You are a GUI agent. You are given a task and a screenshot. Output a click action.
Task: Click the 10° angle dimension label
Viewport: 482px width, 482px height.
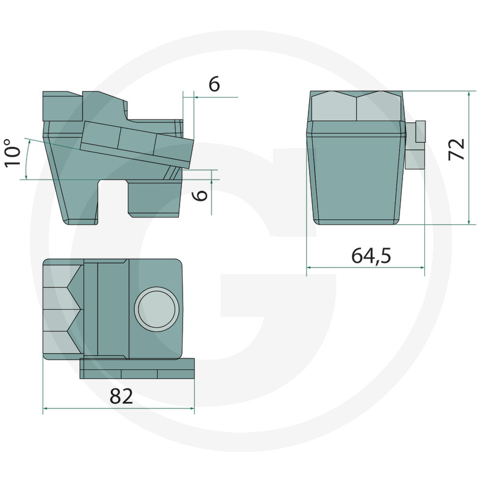12,153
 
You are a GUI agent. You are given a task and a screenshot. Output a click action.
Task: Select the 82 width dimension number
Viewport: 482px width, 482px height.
122,396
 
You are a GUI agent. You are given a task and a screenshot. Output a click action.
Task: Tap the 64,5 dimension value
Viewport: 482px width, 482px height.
371,255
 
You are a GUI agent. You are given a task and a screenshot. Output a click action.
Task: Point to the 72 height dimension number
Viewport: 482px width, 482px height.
456,149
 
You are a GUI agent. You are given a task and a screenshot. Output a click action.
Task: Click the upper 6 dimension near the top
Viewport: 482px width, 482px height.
214,84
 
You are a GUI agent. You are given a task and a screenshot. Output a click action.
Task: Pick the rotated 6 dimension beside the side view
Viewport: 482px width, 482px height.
201,195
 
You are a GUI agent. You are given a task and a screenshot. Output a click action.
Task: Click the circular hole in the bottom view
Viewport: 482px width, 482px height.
157,309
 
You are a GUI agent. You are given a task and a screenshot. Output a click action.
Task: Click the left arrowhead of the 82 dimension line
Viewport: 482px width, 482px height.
45,408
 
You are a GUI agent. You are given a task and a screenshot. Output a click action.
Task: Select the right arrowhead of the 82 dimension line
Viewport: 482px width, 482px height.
192,408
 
